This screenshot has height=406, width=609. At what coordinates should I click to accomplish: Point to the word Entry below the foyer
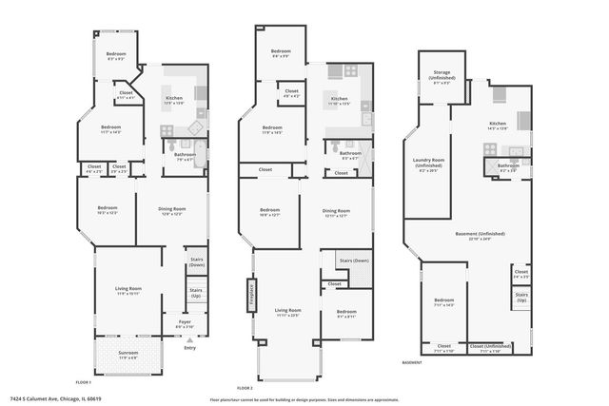tap(190, 347)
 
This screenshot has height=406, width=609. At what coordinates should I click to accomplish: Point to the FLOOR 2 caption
tap(245, 387)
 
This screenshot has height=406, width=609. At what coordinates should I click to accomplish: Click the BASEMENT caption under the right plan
tap(413, 362)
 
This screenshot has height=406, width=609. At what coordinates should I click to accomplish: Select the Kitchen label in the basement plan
tap(499, 125)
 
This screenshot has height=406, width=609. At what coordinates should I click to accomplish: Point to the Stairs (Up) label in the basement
tap(521, 297)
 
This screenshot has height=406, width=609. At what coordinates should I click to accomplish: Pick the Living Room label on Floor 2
tap(288, 311)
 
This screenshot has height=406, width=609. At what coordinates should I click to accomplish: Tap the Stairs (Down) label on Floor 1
tap(197, 262)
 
